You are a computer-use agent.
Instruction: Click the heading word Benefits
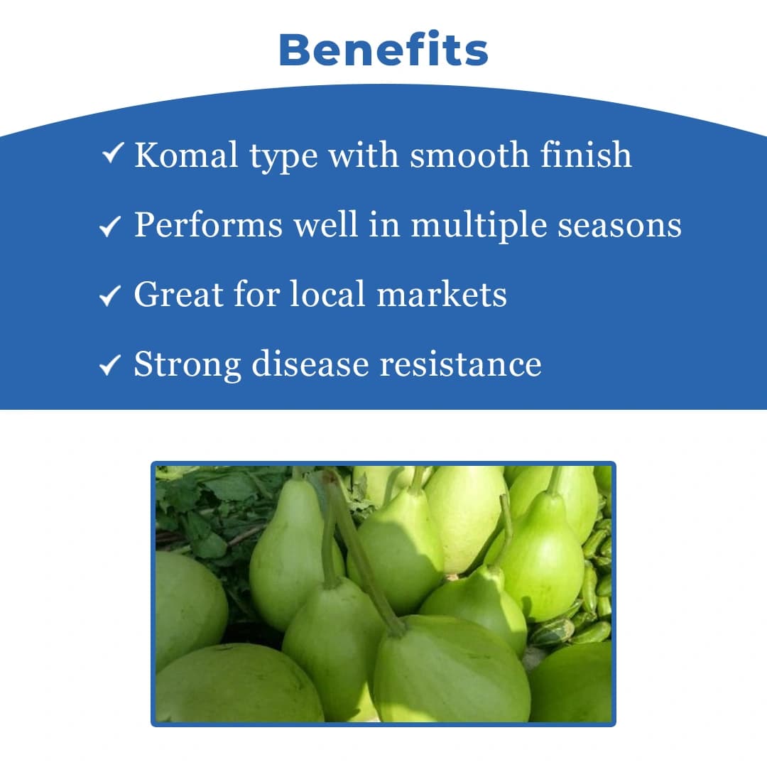[383, 50]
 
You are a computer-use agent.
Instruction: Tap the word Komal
[186, 155]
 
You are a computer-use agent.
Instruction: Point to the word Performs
[207, 225]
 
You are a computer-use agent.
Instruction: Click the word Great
[172, 294]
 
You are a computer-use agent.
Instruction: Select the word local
[329, 294]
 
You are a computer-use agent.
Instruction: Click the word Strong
[187, 364]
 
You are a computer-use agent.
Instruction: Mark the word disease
[310, 364]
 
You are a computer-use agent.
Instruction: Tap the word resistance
[460, 364]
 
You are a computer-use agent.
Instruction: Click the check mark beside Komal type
[114, 153]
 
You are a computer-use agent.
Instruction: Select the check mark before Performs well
[110, 227]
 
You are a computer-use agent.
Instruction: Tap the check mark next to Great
[110, 296]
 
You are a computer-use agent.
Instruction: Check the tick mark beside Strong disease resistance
[110, 366]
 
